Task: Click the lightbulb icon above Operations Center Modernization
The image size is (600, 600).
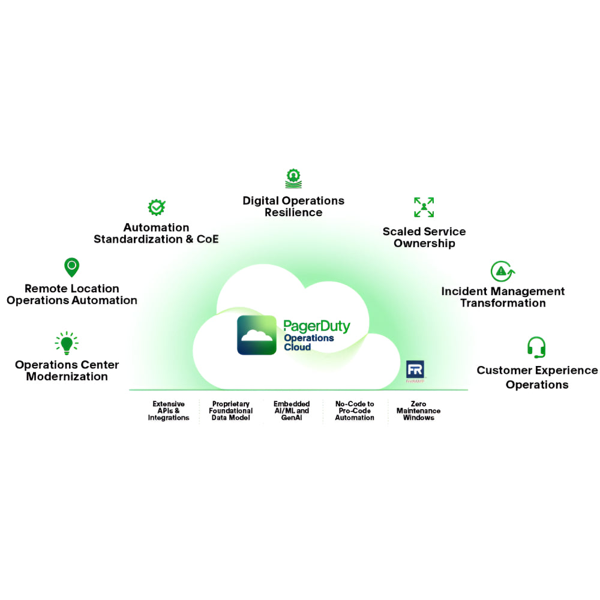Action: pos(67,343)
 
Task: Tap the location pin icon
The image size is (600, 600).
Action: pos(71,267)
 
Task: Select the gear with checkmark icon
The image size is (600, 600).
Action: pos(157,208)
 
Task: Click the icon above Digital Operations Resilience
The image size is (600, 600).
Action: pos(293,179)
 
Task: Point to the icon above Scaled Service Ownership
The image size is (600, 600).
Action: pos(424,208)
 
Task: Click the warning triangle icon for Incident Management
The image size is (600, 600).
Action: pos(502,271)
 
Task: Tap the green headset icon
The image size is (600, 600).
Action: pos(536,347)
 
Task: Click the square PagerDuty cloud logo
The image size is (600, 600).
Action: pos(257,335)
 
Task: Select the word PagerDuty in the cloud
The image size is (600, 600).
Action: pos(316,327)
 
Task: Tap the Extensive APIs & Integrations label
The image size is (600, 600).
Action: pos(169,411)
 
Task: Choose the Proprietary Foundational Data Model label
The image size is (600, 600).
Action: pos(231,411)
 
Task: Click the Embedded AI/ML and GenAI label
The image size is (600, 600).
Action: pos(292,411)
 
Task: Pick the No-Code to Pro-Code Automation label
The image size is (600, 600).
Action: pos(355,411)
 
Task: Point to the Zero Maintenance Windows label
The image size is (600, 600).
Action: pos(418,411)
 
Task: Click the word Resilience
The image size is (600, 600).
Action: pos(293,212)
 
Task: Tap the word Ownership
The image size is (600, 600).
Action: pos(424,243)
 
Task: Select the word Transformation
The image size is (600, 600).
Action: pos(503,302)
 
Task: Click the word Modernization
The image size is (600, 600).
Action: pos(67,376)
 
